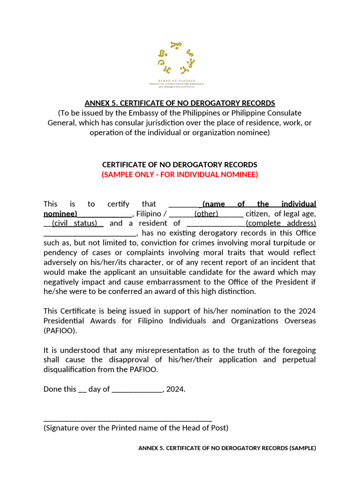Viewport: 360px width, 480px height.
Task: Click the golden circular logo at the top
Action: click(x=176, y=58)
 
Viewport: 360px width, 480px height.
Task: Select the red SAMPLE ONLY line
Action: click(x=180, y=175)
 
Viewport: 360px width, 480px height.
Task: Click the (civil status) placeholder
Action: click(x=75, y=223)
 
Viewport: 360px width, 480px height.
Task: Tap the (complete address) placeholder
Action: click(x=281, y=223)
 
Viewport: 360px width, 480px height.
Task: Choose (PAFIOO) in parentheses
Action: click(x=60, y=330)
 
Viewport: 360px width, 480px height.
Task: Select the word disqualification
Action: click(x=75, y=369)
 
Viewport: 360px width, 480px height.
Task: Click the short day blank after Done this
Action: click(x=82, y=389)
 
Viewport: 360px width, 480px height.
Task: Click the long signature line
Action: click(x=128, y=420)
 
